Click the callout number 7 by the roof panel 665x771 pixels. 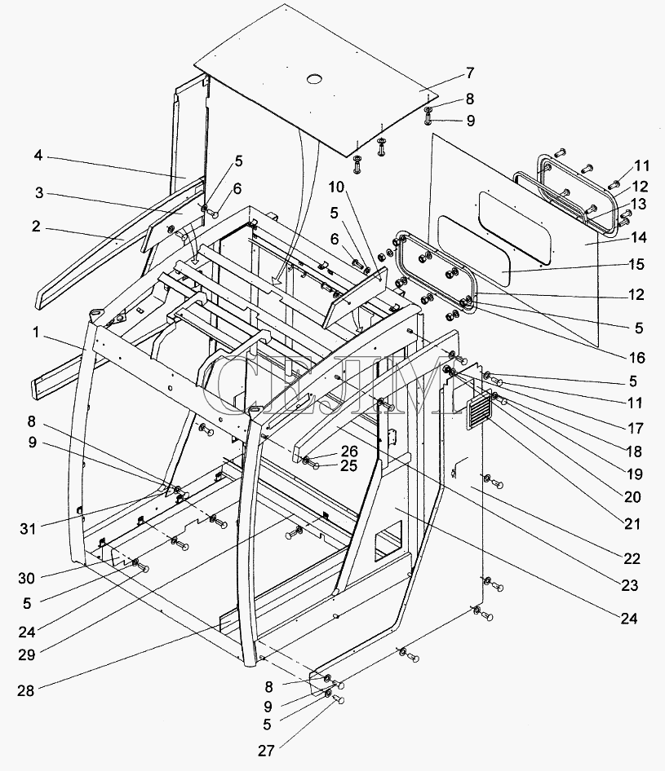(x=470, y=73)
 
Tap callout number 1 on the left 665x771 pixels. (x=35, y=333)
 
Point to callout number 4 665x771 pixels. (x=38, y=156)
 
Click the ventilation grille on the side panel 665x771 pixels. (x=479, y=409)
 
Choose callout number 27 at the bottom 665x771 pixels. (x=266, y=751)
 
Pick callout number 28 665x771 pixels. (x=25, y=691)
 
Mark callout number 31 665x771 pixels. (x=28, y=529)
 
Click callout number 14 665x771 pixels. (x=638, y=237)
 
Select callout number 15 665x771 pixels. (x=636, y=265)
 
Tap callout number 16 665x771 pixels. (x=637, y=358)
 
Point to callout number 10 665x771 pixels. (x=337, y=187)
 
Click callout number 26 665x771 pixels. (x=349, y=452)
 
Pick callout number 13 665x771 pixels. (x=638, y=204)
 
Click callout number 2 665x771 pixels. (x=35, y=227)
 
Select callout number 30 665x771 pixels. (x=27, y=579)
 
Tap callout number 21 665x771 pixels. (x=632, y=524)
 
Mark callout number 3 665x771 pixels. (x=39, y=192)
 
